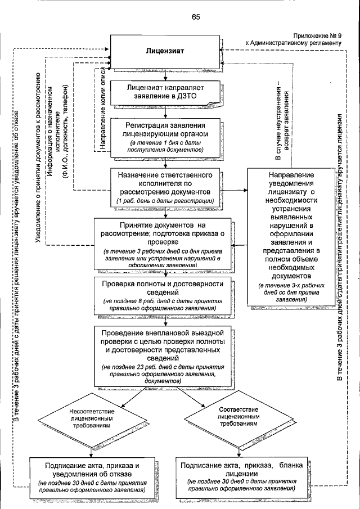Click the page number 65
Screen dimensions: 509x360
click(196, 17)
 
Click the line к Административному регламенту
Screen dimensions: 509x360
click(292, 42)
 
